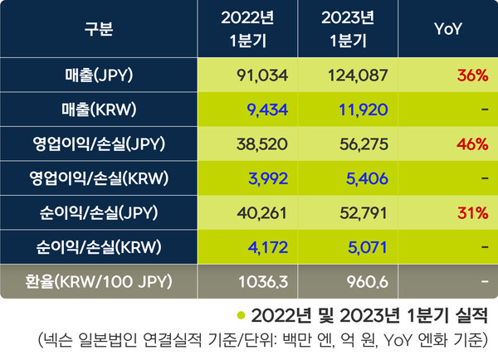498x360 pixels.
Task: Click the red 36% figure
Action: [x=471, y=76]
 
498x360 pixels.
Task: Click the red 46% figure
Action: [x=471, y=144]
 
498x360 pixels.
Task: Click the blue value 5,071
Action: [x=363, y=246]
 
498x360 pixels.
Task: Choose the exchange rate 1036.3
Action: [x=266, y=280]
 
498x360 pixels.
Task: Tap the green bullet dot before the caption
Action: [x=241, y=316]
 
